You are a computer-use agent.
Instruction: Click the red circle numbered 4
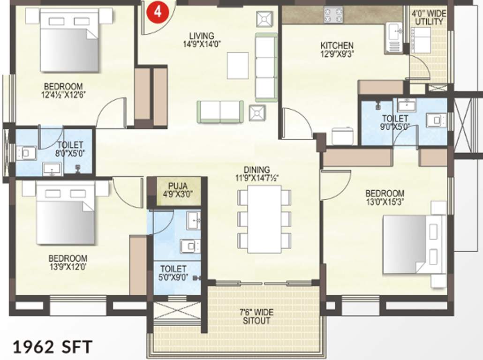click(x=158, y=11)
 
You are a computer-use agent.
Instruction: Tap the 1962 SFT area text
click(x=52, y=347)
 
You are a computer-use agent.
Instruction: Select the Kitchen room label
click(x=337, y=45)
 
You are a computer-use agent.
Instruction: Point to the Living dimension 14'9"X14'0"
click(x=202, y=44)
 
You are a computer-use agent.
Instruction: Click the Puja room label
click(x=174, y=186)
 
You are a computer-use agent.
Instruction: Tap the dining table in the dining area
click(x=264, y=219)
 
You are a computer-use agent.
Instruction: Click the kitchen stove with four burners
click(x=333, y=15)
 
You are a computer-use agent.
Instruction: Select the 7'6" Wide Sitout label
click(x=257, y=317)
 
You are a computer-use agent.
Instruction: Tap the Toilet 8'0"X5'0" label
click(x=70, y=149)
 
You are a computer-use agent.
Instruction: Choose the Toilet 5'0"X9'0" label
click(x=173, y=273)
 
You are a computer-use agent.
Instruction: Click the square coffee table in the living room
click(x=238, y=65)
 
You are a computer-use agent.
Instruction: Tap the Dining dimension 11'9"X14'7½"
click(x=257, y=178)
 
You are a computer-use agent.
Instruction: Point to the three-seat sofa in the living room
click(x=266, y=67)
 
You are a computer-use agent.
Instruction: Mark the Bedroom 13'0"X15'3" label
click(x=385, y=197)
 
